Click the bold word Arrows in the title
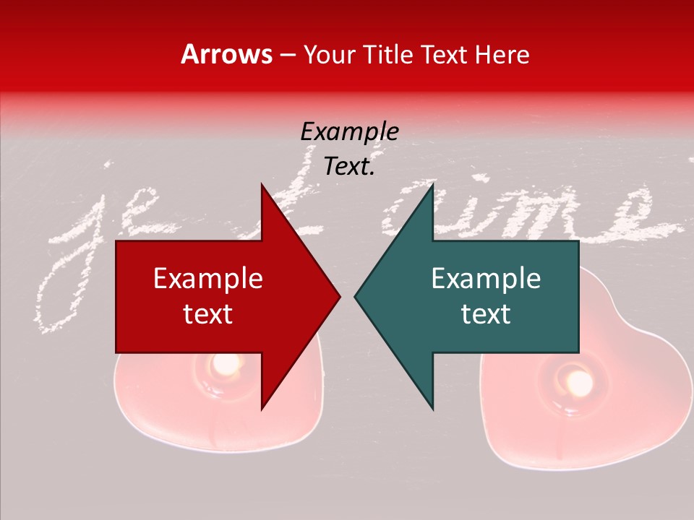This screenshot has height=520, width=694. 227,54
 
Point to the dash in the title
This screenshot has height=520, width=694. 288,55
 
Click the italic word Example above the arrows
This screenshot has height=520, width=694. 349,131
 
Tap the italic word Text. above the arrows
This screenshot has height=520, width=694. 349,166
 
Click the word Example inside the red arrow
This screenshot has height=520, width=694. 208,278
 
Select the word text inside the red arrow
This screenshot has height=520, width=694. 208,314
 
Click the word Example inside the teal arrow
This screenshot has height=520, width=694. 486,278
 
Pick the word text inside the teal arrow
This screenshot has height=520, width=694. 486,314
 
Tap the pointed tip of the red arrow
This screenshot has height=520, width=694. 338,296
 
